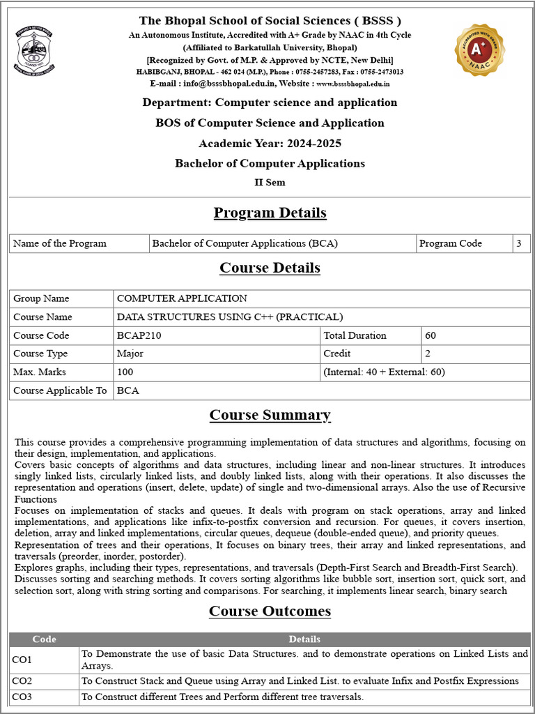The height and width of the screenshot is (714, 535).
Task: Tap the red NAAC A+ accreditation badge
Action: click(x=480, y=50)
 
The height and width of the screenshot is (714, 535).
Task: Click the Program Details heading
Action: click(x=270, y=213)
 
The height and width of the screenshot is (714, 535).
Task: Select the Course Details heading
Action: click(x=270, y=268)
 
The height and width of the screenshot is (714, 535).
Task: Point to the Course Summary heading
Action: click(x=270, y=415)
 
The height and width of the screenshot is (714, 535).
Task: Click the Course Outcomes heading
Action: click(x=270, y=611)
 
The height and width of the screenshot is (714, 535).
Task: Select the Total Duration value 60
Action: click(x=431, y=335)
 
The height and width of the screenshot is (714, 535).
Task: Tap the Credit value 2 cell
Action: click(x=428, y=354)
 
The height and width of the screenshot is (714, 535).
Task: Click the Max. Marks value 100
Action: click(x=125, y=372)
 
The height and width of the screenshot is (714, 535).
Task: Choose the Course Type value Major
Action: click(x=130, y=354)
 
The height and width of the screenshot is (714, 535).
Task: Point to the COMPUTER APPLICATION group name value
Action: click(x=182, y=298)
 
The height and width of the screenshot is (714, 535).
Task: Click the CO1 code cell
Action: click(x=23, y=659)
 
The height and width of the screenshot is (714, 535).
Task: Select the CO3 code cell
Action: click(x=23, y=697)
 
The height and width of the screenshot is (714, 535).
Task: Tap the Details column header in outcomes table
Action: click(x=304, y=639)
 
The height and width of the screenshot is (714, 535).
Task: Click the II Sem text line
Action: click(x=270, y=183)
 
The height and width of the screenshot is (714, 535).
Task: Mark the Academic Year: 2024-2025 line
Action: click(x=270, y=144)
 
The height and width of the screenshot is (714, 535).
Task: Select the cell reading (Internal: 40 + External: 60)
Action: click(x=384, y=372)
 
